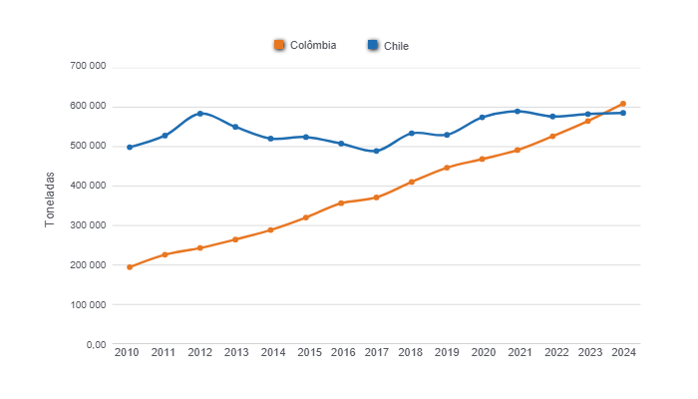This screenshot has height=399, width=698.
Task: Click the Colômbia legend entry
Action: click(305, 45)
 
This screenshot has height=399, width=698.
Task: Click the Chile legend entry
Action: click(388, 45)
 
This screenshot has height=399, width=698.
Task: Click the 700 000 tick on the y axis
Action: click(88, 67)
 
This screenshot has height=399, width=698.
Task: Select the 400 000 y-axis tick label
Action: click(88, 186)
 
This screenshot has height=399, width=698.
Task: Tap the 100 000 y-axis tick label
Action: click(88, 304)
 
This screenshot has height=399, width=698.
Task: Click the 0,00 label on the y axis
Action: click(96, 344)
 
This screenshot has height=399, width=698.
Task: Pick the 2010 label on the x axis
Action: click(127, 352)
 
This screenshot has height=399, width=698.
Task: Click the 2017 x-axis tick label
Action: click(376, 352)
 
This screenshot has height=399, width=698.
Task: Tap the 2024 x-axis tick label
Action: click(623, 352)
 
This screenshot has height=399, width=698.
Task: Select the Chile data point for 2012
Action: click(200, 114)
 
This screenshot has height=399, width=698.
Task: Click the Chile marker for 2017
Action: click(376, 152)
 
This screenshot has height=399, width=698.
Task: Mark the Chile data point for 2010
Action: click(130, 147)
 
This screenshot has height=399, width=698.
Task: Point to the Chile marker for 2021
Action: click(517, 111)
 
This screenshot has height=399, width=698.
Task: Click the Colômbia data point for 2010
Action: click(130, 267)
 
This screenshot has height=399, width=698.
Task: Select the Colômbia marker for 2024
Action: click(622, 104)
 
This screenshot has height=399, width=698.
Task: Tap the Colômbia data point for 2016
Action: click(341, 202)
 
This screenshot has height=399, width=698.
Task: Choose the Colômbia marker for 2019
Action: click(447, 168)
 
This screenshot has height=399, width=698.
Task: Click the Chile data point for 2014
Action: click(270, 139)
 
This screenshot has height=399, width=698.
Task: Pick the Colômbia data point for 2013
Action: click(235, 239)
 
